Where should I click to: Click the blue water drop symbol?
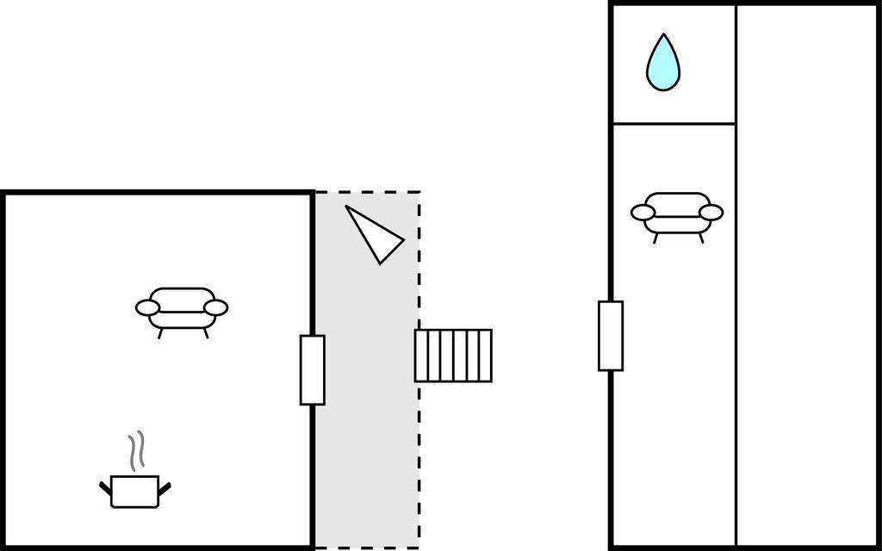click(x=663, y=65)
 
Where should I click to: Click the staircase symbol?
click(x=453, y=355)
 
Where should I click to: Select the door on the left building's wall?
click(x=312, y=370)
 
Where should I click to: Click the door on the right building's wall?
click(x=611, y=336)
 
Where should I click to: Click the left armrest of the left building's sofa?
click(x=148, y=307)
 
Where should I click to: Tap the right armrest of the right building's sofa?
click(x=711, y=212)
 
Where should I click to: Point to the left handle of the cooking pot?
click(x=106, y=489)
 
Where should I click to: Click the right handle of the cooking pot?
click(x=165, y=489)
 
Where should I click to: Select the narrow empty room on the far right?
click(x=806, y=275)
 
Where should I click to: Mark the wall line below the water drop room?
click(x=673, y=124)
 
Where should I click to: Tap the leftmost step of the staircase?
click(x=421, y=355)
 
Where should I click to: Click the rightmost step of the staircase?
click(x=485, y=355)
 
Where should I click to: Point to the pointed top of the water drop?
click(x=663, y=36)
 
